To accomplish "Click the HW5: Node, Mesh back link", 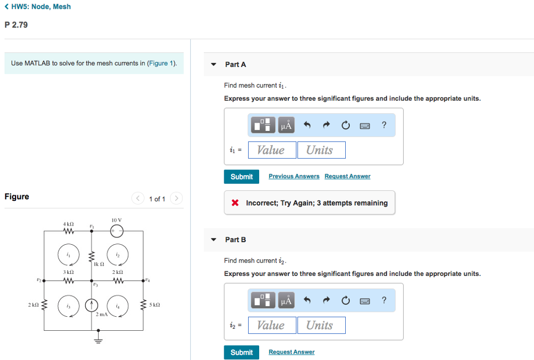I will click(37, 7).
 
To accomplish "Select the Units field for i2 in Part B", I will click(321, 326).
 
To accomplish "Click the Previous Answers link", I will click(294, 176).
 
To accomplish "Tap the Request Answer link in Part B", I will click(292, 352).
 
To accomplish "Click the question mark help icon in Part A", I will click(384, 125).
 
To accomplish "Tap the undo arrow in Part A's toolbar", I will click(307, 125).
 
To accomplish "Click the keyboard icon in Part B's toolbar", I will click(365, 301).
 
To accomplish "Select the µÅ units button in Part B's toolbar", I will click(287, 301).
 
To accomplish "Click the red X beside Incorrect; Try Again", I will click(236, 203).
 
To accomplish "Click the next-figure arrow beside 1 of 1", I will click(176, 198).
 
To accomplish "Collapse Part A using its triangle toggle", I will click(213, 65).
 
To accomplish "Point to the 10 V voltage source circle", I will click(117, 231).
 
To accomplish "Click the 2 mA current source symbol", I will click(92, 304).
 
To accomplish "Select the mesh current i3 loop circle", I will click(68, 306).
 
